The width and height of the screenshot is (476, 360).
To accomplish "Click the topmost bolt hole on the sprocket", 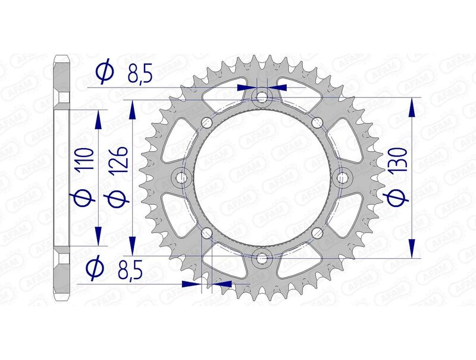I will (x=261, y=97).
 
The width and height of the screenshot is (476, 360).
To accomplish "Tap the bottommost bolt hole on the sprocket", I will (x=261, y=258).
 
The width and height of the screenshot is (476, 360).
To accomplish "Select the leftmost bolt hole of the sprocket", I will (x=181, y=177).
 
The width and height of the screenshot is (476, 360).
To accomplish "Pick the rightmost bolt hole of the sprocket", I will (x=342, y=177).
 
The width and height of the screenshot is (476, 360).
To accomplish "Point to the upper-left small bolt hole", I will (x=206, y=123).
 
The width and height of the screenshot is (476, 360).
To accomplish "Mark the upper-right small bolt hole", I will (x=316, y=123).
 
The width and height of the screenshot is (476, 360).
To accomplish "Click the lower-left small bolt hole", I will (x=206, y=233).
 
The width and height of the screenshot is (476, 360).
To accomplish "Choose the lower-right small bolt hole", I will (x=316, y=233).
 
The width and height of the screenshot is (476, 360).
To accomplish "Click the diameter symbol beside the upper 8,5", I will (x=104, y=73).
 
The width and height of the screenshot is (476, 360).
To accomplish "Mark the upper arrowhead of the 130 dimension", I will (x=410, y=107).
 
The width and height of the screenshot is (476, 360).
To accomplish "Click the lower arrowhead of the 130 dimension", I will (x=410, y=249).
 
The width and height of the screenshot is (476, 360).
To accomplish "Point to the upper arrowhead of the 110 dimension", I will (x=98, y=119).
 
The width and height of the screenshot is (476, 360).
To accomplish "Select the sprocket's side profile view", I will (x=62, y=177).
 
